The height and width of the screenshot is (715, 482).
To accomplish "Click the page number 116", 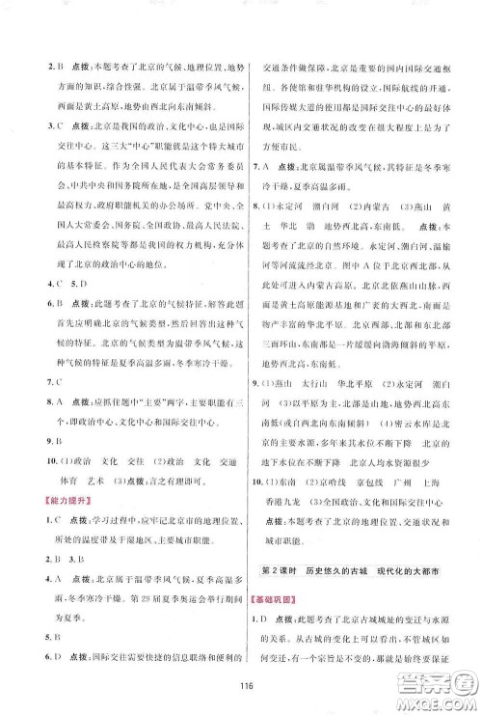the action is click(241, 673).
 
